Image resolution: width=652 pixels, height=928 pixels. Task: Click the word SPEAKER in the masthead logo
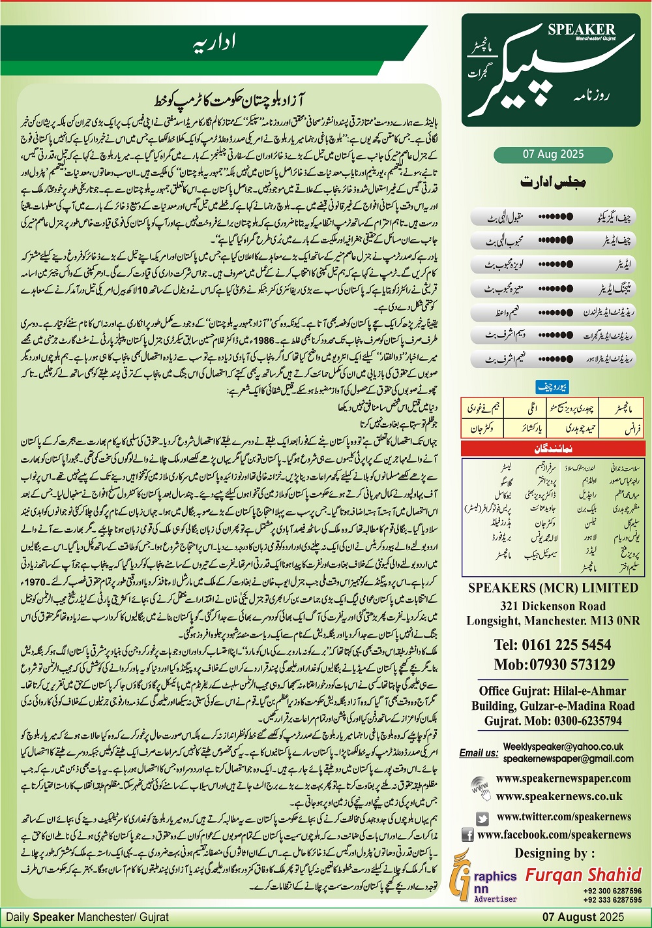click(x=582, y=29)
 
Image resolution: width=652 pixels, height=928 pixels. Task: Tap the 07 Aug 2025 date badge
click(x=553, y=155)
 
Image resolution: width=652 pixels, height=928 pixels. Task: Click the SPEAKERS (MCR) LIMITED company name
click(x=553, y=588)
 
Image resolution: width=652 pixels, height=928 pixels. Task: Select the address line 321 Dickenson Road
click(x=553, y=606)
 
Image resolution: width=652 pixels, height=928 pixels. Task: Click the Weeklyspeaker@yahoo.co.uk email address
click(x=563, y=747)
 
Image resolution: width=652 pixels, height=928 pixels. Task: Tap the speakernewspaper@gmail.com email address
click(x=568, y=758)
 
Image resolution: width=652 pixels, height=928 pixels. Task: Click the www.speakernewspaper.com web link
click(x=563, y=778)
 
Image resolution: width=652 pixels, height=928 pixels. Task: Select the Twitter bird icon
click(x=482, y=818)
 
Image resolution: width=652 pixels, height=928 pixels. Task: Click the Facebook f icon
click(x=467, y=835)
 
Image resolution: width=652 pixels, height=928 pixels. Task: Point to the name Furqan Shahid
click(x=584, y=874)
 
